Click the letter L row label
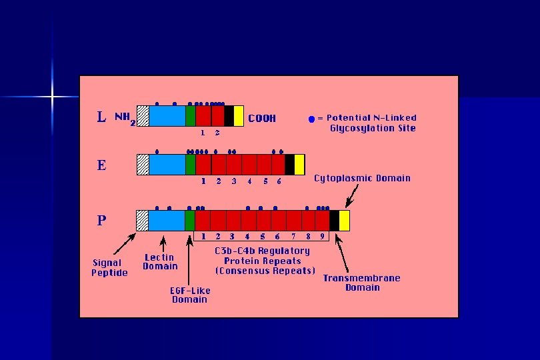(x=101, y=117)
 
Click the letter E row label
(x=101, y=165)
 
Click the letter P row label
(x=101, y=219)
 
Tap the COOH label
(x=262, y=119)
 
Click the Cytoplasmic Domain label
(x=362, y=178)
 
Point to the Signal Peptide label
(x=109, y=267)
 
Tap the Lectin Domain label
(x=160, y=261)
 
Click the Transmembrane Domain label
(x=362, y=283)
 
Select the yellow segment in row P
(x=344, y=220)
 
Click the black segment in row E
(x=289, y=164)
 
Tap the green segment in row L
(x=191, y=116)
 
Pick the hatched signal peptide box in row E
(x=143, y=164)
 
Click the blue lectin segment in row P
(x=166, y=220)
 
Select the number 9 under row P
(x=323, y=236)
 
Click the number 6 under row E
(x=279, y=181)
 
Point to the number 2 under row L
(x=217, y=133)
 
